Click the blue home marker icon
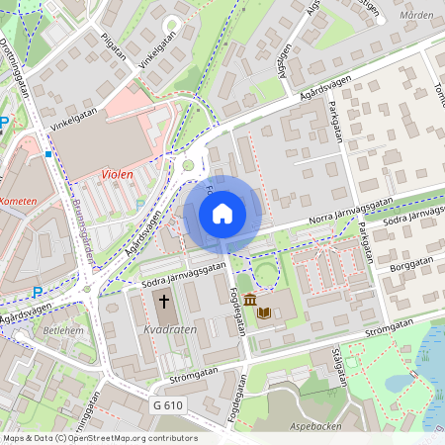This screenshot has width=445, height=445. (x=222, y=213)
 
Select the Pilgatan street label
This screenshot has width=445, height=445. (x=116, y=46)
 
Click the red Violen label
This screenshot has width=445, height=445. (x=117, y=174)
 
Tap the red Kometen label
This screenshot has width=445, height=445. (x=17, y=201)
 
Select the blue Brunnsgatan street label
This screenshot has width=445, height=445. (x=82, y=222)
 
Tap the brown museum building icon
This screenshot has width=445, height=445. (x=249, y=301)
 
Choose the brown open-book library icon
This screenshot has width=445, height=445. (x=264, y=312)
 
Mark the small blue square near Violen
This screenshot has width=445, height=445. (x=47, y=154)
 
